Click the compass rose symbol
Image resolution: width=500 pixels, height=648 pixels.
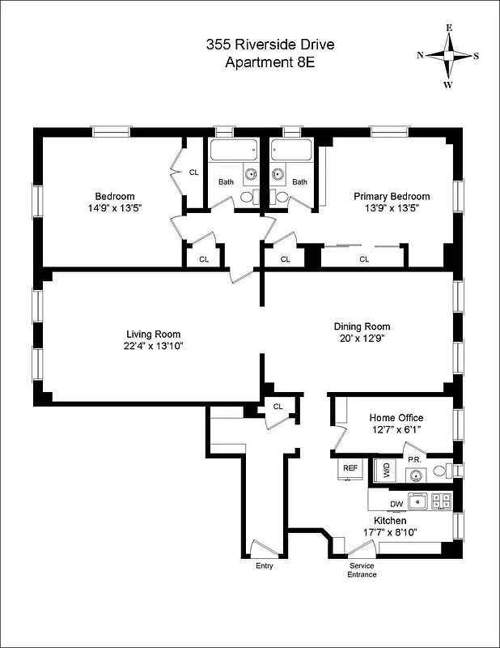(x=448, y=55)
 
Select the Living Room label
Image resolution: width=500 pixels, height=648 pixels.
(x=153, y=334)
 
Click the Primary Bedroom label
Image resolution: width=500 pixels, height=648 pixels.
(x=392, y=196)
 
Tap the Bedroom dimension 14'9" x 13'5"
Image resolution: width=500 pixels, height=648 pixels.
(x=115, y=208)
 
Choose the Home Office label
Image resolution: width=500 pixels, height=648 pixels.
(x=396, y=418)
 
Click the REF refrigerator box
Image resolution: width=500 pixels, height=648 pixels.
(x=350, y=468)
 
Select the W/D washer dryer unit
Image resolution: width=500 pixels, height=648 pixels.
(x=384, y=470)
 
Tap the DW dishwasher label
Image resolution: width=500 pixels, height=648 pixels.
(x=396, y=504)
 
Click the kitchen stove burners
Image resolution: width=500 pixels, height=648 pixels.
(x=441, y=501)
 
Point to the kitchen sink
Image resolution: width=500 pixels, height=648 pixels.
(x=417, y=502)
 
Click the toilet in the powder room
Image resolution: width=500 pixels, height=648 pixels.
(x=441, y=471)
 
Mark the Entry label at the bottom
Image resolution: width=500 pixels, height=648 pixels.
(x=265, y=565)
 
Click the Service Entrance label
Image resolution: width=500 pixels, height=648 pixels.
(x=362, y=569)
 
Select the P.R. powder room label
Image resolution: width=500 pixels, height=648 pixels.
(x=413, y=459)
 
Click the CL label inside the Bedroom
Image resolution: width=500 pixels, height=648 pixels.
(x=193, y=172)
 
